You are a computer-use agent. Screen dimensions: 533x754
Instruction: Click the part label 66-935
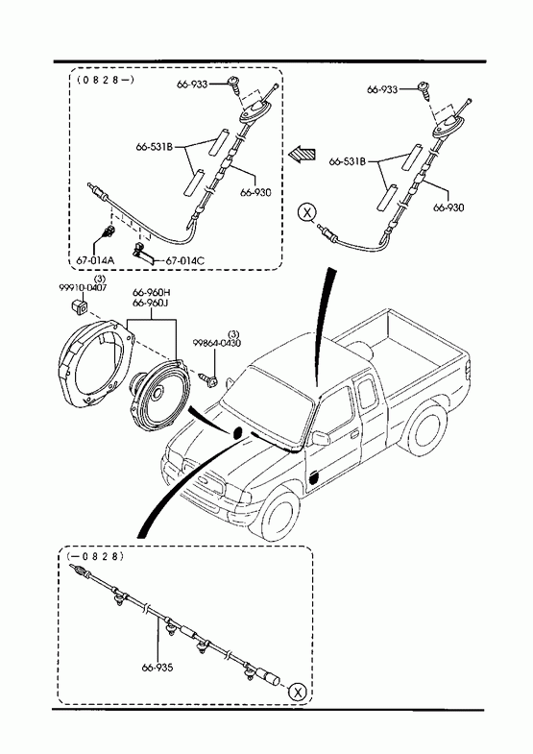tap(157, 668)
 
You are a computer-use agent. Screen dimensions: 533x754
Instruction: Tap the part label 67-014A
tap(95, 260)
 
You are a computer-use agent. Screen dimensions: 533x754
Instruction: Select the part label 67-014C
tap(185, 260)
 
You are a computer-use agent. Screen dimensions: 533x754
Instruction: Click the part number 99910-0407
tap(83, 287)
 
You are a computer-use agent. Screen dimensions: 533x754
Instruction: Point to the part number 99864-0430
tap(217, 343)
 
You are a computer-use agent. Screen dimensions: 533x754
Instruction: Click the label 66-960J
tap(152, 303)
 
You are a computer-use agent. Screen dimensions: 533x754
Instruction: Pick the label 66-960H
tap(152, 293)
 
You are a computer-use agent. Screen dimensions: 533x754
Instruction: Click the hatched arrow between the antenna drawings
tap(302, 154)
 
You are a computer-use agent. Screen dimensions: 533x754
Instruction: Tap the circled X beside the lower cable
tap(298, 693)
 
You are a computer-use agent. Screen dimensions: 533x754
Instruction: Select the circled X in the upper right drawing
tap(306, 211)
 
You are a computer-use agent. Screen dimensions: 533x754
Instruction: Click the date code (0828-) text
tap(106, 80)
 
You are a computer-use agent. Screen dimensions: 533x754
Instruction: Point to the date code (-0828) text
tap(96, 556)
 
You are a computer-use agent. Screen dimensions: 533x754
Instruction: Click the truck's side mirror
tap(320, 438)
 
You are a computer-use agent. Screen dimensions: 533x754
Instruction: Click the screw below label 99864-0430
tap(209, 380)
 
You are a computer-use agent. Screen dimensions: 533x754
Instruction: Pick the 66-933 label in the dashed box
tap(192, 85)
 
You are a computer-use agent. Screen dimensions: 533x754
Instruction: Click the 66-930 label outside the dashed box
tap(448, 207)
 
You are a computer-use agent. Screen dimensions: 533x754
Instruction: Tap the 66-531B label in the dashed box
tap(155, 147)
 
